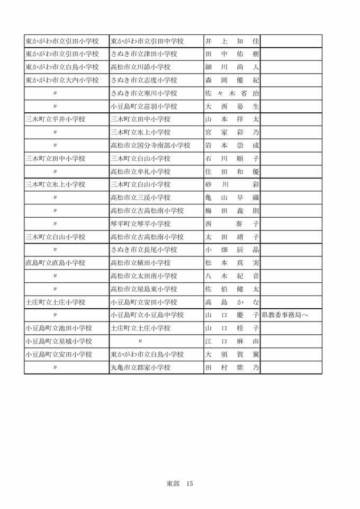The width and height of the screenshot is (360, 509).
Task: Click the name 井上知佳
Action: click(232, 41)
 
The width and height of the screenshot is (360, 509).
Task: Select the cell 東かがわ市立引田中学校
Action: click(147, 41)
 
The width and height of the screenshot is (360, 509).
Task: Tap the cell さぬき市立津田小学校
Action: click(143, 54)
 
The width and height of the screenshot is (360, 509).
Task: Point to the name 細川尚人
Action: click(232, 67)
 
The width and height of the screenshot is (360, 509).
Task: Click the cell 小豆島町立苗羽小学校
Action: click(143, 106)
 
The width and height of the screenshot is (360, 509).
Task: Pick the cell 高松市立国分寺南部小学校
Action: click(150, 146)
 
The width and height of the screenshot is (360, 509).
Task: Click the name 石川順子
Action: click(232, 158)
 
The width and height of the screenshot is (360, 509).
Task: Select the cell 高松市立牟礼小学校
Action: click(140, 172)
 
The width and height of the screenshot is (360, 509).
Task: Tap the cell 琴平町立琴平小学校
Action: click(140, 224)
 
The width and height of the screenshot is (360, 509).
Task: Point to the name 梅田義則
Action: click(232, 211)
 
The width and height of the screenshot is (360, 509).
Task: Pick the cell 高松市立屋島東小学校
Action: click(143, 289)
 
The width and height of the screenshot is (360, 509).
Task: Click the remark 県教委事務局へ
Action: click(285, 315)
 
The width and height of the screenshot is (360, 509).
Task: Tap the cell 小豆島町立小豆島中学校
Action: click(147, 315)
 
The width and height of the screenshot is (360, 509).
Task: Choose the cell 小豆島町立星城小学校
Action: click(59, 341)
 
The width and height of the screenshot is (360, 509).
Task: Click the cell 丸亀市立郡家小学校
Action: click(140, 368)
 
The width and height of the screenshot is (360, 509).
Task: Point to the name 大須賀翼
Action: click(232, 354)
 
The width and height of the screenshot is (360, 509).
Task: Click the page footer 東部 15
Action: click(180, 484)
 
